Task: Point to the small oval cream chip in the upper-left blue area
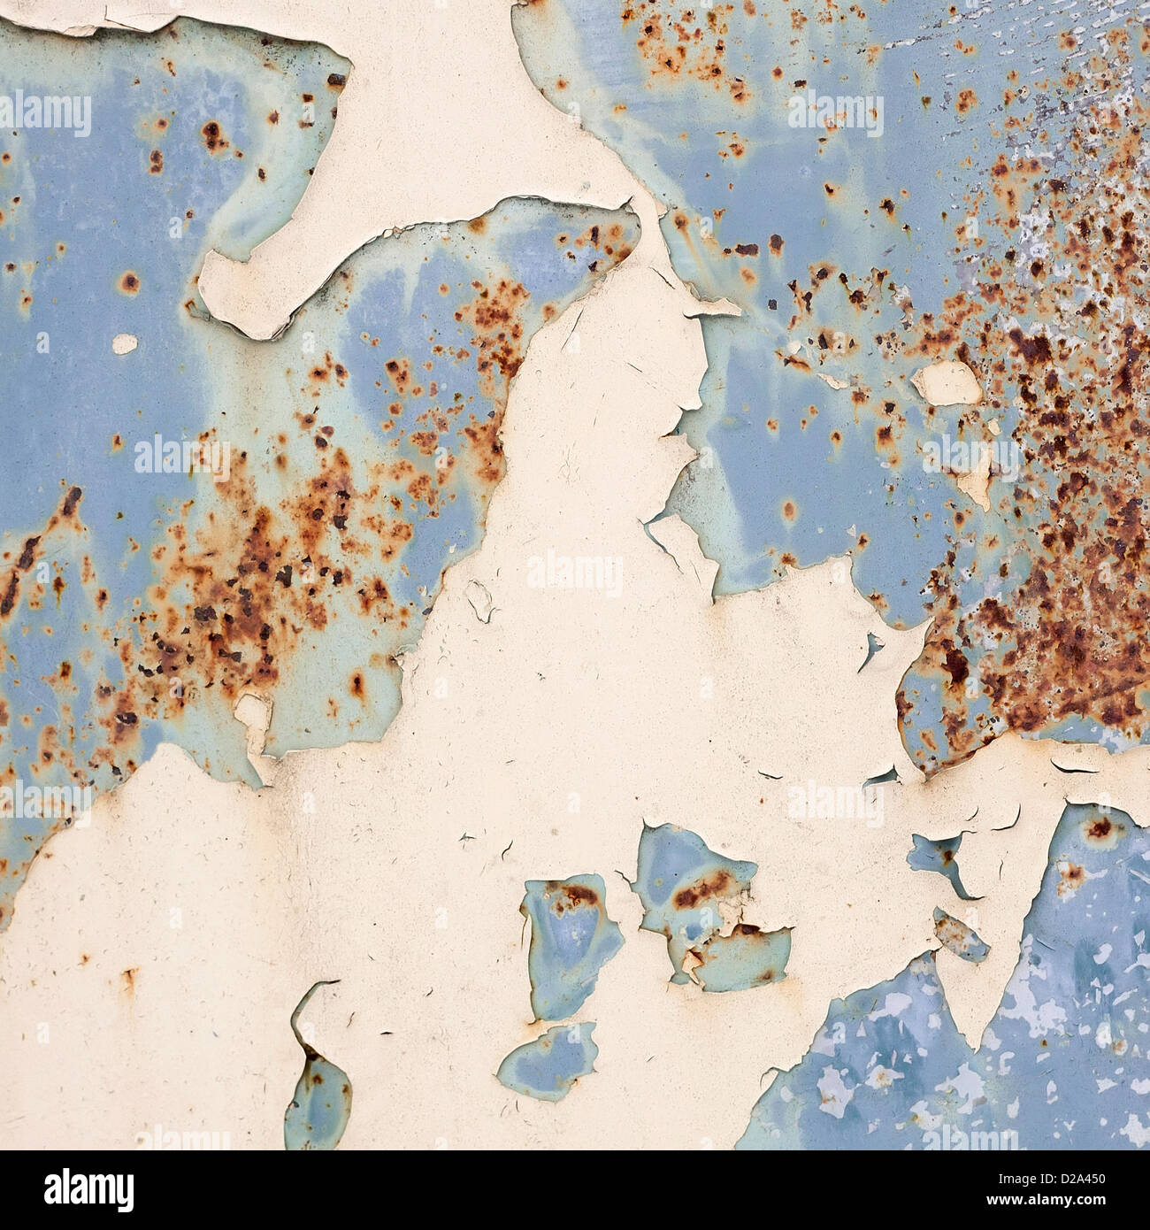coord(126,344)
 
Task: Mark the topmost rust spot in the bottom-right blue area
coord(1099,828)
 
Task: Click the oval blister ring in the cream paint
coord(482,600)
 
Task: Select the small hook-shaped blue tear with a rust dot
coord(939,858)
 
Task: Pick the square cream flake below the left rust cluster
coord(254,712)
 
